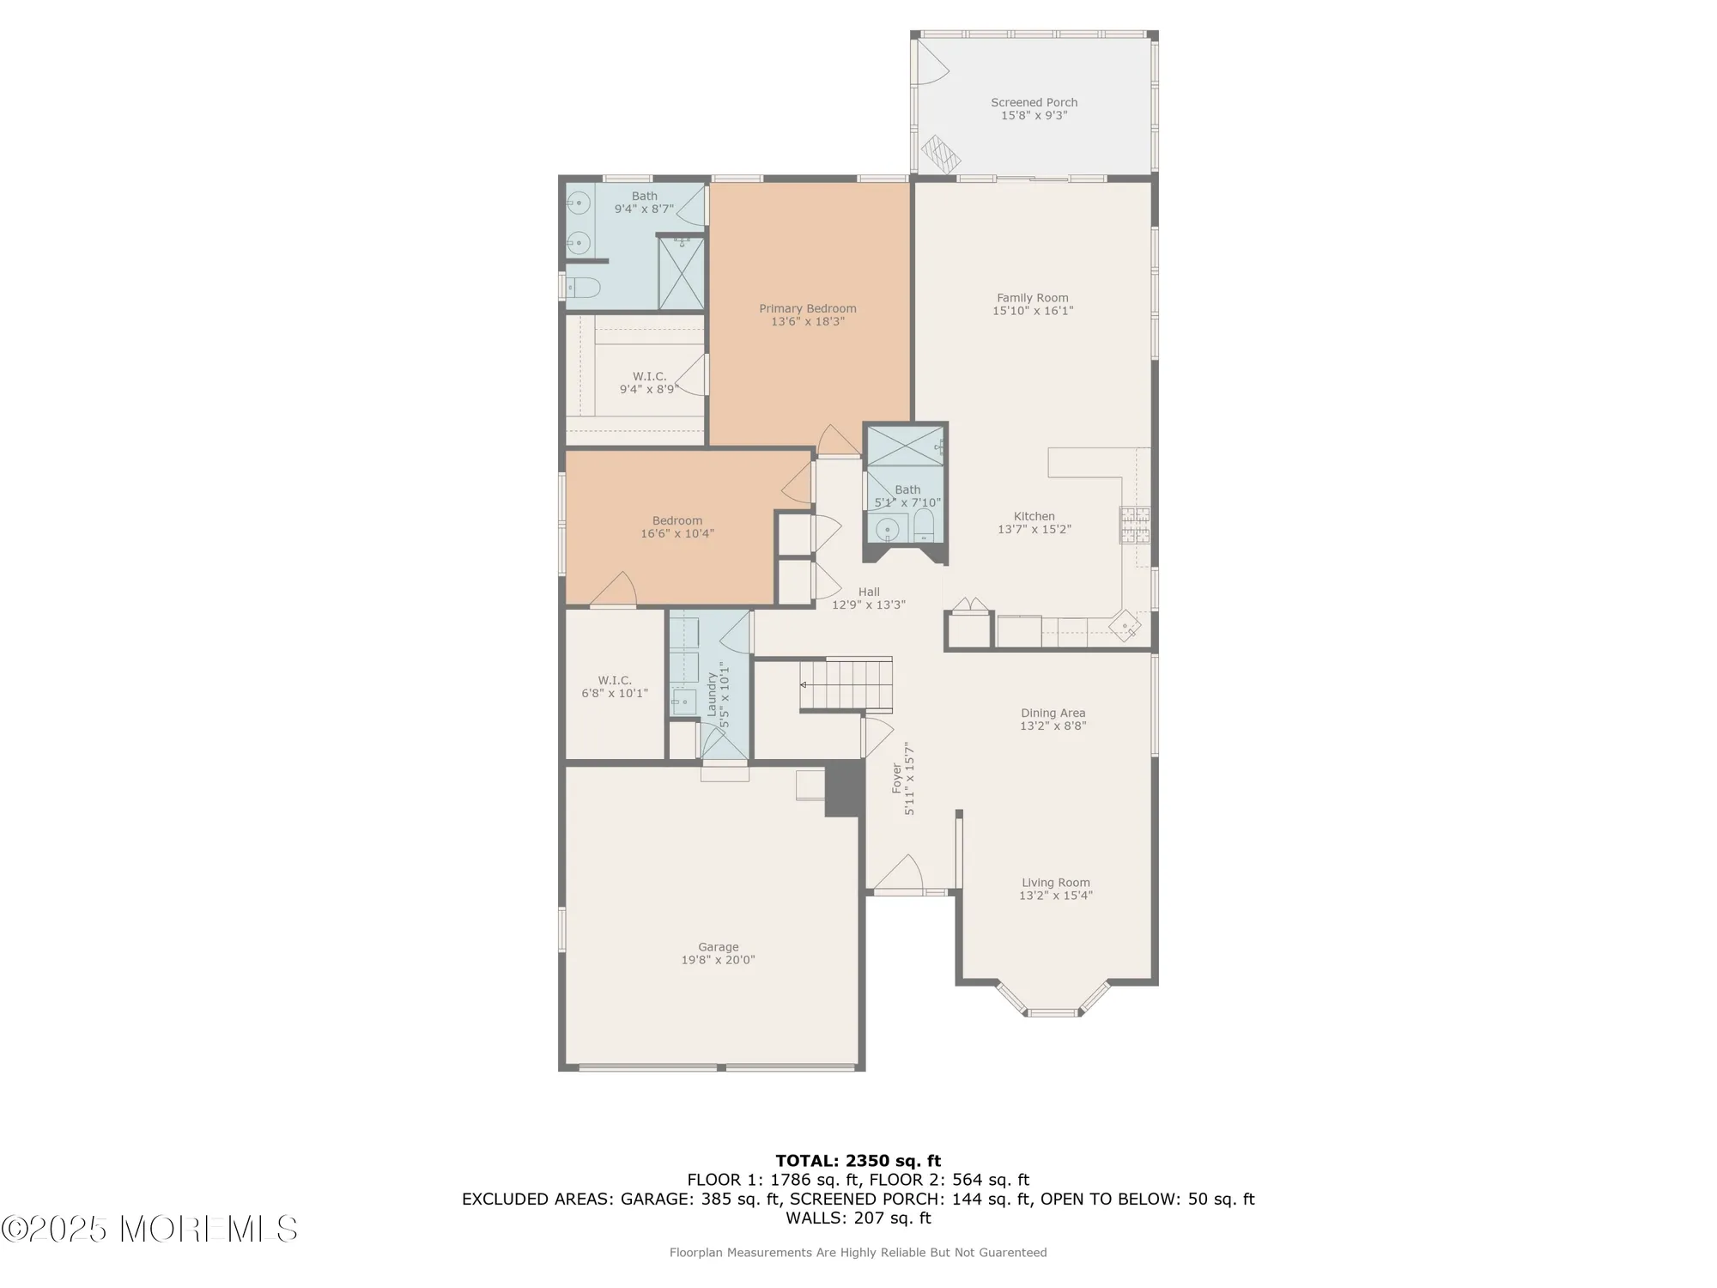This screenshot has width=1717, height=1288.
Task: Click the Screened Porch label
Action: pyautogui.click(x=1034, y=102)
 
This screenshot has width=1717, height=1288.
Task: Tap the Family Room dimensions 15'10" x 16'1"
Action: pyautogui.click(x=1033, y=311)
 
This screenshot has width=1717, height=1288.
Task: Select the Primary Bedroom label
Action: pyautogui.click(x=807, y=308)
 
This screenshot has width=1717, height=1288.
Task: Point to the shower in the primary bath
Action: pyautogui.click(x=681, y=272)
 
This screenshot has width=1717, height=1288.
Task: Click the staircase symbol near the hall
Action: pyautogui.click(x=846, y=684)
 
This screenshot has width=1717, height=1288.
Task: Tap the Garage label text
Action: pyautogui.click(x=718, y=947)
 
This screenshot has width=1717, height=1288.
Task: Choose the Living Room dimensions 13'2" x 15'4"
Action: pyautogui.click(x=1055, y=896)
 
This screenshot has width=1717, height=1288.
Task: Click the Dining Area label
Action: pyautogui.click(x=1053, y=713)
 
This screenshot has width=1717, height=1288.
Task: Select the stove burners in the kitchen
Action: pyautogui.click(x=1134, y=526)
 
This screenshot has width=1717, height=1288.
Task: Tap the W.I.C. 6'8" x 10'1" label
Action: pyautogui.click(x=615, y=687)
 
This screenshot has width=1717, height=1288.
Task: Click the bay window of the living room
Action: pyautogui.click(x=1053, y=1005)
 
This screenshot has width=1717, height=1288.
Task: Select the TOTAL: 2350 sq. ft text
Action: pyautogui.click(x=858, y=1161)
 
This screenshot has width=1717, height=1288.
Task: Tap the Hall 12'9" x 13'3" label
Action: pyautogui.click(x=869, y=598)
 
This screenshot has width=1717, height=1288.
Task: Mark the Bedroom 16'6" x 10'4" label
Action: pyautogui.click(x=677, y=526)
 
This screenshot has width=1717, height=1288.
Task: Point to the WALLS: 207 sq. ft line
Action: pyautogui.click(x=858, y=1218)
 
